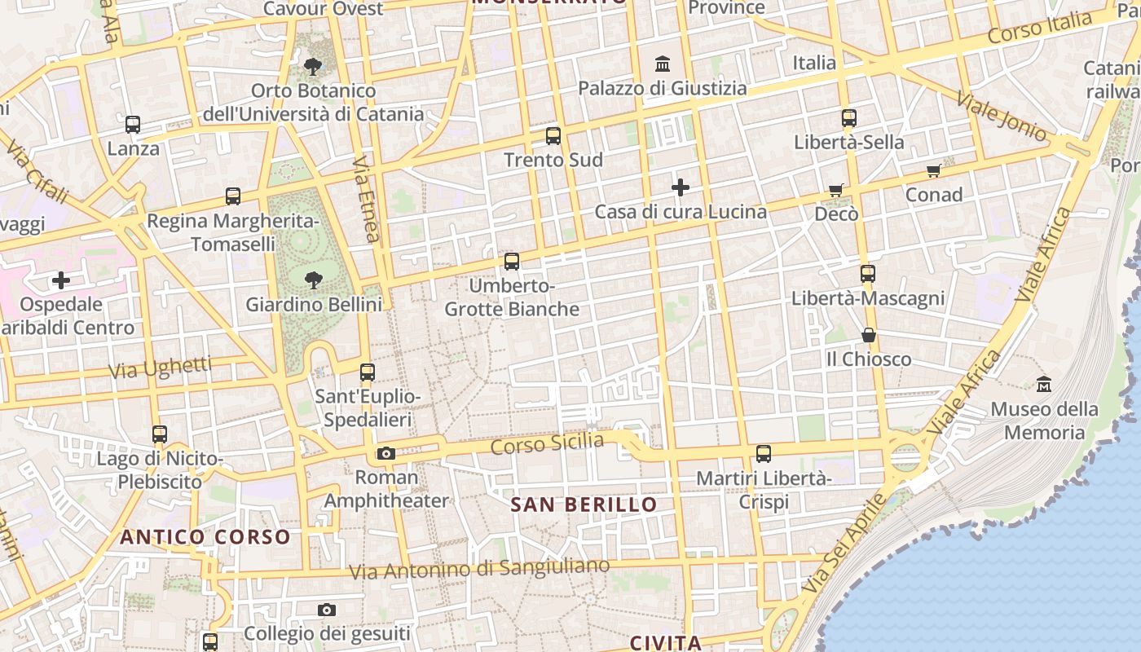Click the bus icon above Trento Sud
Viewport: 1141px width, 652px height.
click(553, 135)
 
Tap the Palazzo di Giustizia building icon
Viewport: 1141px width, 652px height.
click(663, 64)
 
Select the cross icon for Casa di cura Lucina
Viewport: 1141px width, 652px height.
click(681, 187)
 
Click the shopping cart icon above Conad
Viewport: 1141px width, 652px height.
click(934, 170)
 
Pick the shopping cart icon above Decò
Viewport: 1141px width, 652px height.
click(836, 190)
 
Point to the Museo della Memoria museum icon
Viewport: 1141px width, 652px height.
click(1043, 383)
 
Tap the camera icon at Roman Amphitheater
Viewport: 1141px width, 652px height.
click(386, 453)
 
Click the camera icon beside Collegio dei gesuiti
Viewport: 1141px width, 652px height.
click(326, 610)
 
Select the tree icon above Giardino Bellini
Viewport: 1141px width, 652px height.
click(313, 280)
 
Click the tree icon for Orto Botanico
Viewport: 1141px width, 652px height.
click(312, 66)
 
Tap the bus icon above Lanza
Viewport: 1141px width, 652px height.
click(133, 125)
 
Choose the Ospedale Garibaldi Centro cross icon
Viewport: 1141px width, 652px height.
click(61, 280)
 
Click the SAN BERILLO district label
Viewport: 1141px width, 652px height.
click(584, 504)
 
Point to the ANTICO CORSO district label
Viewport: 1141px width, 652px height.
click(205, 537)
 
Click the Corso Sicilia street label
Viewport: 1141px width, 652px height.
click(548, 444)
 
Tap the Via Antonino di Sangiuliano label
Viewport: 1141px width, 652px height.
click(479, 569)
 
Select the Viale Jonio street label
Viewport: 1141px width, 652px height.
click(1002, 117)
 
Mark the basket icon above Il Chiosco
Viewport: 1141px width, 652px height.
click(869, 335)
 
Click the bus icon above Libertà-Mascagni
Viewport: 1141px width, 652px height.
click(868, 274)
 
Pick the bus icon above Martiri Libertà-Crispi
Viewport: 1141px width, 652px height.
click(764, 454)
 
